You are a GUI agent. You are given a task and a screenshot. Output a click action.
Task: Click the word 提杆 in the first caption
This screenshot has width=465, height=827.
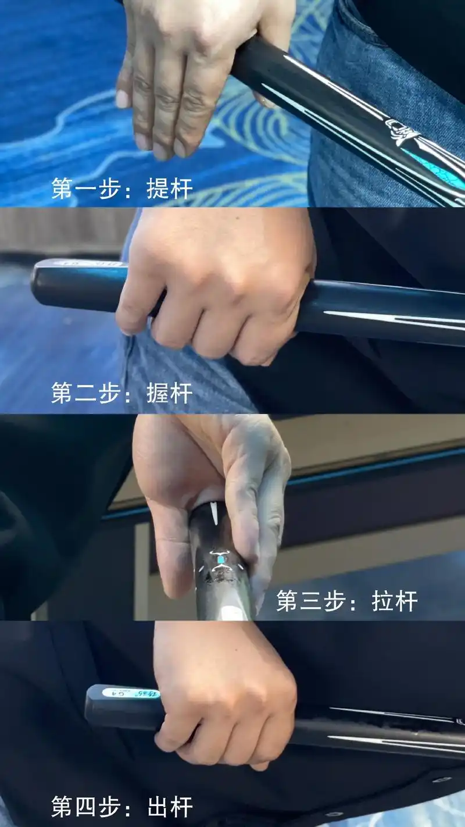click(x=169, y=188)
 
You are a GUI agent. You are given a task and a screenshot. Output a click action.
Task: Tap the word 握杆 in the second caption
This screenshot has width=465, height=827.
click(x=169, y=394)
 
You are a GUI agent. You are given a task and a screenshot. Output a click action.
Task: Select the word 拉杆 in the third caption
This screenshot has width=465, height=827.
click(x=395, y=601)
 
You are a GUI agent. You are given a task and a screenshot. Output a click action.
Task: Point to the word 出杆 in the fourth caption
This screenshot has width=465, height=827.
click(x=169, y=807)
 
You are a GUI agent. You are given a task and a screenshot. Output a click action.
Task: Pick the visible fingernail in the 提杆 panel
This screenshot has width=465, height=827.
click(x=123, y=99)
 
